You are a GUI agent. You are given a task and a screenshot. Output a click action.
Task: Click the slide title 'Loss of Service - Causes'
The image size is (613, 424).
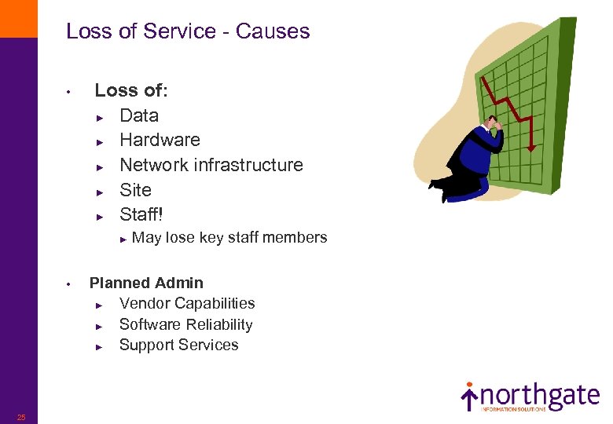click(x=188, y=31)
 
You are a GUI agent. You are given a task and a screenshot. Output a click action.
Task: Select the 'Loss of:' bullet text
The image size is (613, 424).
click(x=131, y=91)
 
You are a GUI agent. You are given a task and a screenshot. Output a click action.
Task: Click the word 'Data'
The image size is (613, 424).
click(x=139, y=115)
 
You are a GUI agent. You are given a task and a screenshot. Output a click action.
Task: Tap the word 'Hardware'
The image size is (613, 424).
click(x=160, y=140)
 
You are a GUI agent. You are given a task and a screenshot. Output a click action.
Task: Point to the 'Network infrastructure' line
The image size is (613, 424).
click(x=211, y=165)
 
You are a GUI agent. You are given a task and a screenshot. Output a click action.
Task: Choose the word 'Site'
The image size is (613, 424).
click(x=135, y=190)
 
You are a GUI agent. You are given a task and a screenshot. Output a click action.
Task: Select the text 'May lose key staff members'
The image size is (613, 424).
click(x=229, y=238)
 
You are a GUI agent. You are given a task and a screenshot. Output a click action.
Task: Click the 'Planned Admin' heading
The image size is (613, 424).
click(x=146, y=283)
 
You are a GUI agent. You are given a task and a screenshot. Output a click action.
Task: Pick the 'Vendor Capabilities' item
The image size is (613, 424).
click(x=187, y=303)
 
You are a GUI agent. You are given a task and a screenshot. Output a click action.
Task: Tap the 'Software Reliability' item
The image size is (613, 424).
click(x=185, y=324)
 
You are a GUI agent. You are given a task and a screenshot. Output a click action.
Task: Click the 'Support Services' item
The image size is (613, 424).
click(x=178, y=345)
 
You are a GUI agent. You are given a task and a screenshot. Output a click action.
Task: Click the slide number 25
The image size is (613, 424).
click(x=21, y=417)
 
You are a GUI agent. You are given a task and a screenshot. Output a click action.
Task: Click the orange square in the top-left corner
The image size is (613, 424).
click(x=18, y=18)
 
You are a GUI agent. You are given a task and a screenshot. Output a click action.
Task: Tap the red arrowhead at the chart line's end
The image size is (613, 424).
click(x=531, y=147)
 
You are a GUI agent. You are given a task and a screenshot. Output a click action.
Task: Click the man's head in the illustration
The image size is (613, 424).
click(x=494, y=124)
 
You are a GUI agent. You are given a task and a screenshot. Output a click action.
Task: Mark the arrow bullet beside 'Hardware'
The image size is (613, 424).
click(x=100, y=141)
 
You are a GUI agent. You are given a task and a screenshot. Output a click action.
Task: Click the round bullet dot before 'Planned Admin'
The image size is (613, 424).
click(x=69, y=283)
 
